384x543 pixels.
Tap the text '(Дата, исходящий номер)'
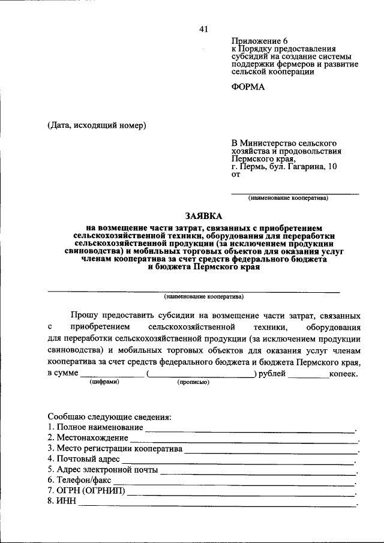pyautogui.click(x=97, y=125)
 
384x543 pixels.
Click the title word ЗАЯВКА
pyautogui.click(x=203, y=216)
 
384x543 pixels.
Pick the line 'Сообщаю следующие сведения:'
pyautogui.click(x=109, y=416)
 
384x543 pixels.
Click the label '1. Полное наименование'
pyautogui.click(x=95, y=427)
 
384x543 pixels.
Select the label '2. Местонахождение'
pyautogui.click(x=87, y=438)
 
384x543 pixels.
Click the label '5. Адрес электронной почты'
pyautogui.click(x=102, y=470)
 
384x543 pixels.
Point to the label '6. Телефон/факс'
pyautogui.click(x=79, y=481)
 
